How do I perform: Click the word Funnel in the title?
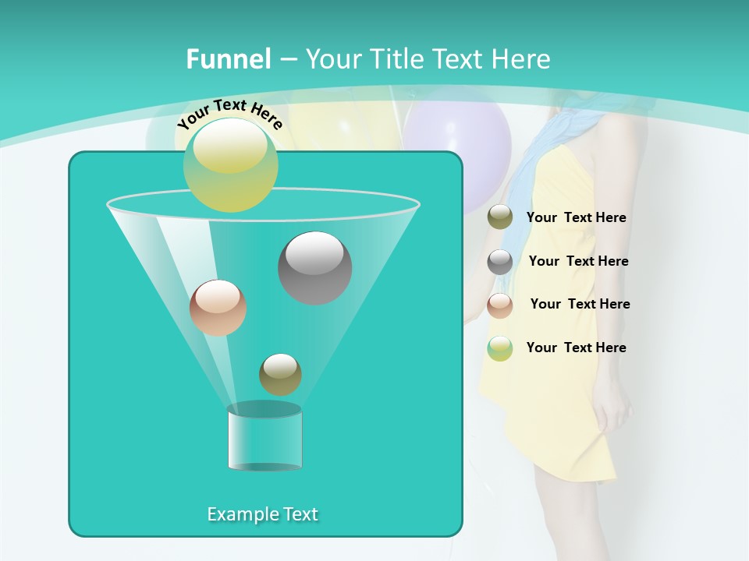coord(229,59)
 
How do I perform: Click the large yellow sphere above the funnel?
coord(231,164)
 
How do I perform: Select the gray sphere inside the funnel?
coord(314,267)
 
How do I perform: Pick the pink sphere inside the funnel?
coord(218,308)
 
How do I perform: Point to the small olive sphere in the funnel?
coord(280,374)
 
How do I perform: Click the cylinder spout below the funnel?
coord(264,437)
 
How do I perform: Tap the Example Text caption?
coord(262,514)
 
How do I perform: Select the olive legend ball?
coord(500,217)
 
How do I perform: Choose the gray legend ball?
coord(500,262)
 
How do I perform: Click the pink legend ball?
coord(500,305)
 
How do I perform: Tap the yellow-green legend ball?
coord(500,348)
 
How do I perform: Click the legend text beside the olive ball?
coord(576,218)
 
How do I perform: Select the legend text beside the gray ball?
coord(578,261)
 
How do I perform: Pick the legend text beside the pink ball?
coord(580,304)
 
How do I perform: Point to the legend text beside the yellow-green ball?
coord(576,348)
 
